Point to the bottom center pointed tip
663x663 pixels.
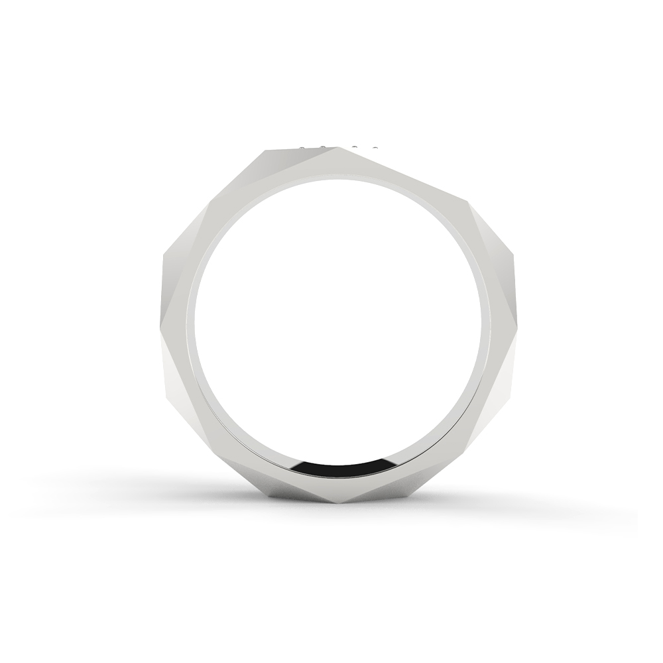341,502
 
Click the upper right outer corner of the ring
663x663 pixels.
468,200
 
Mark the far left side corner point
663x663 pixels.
162,259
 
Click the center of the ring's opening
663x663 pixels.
338,318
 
